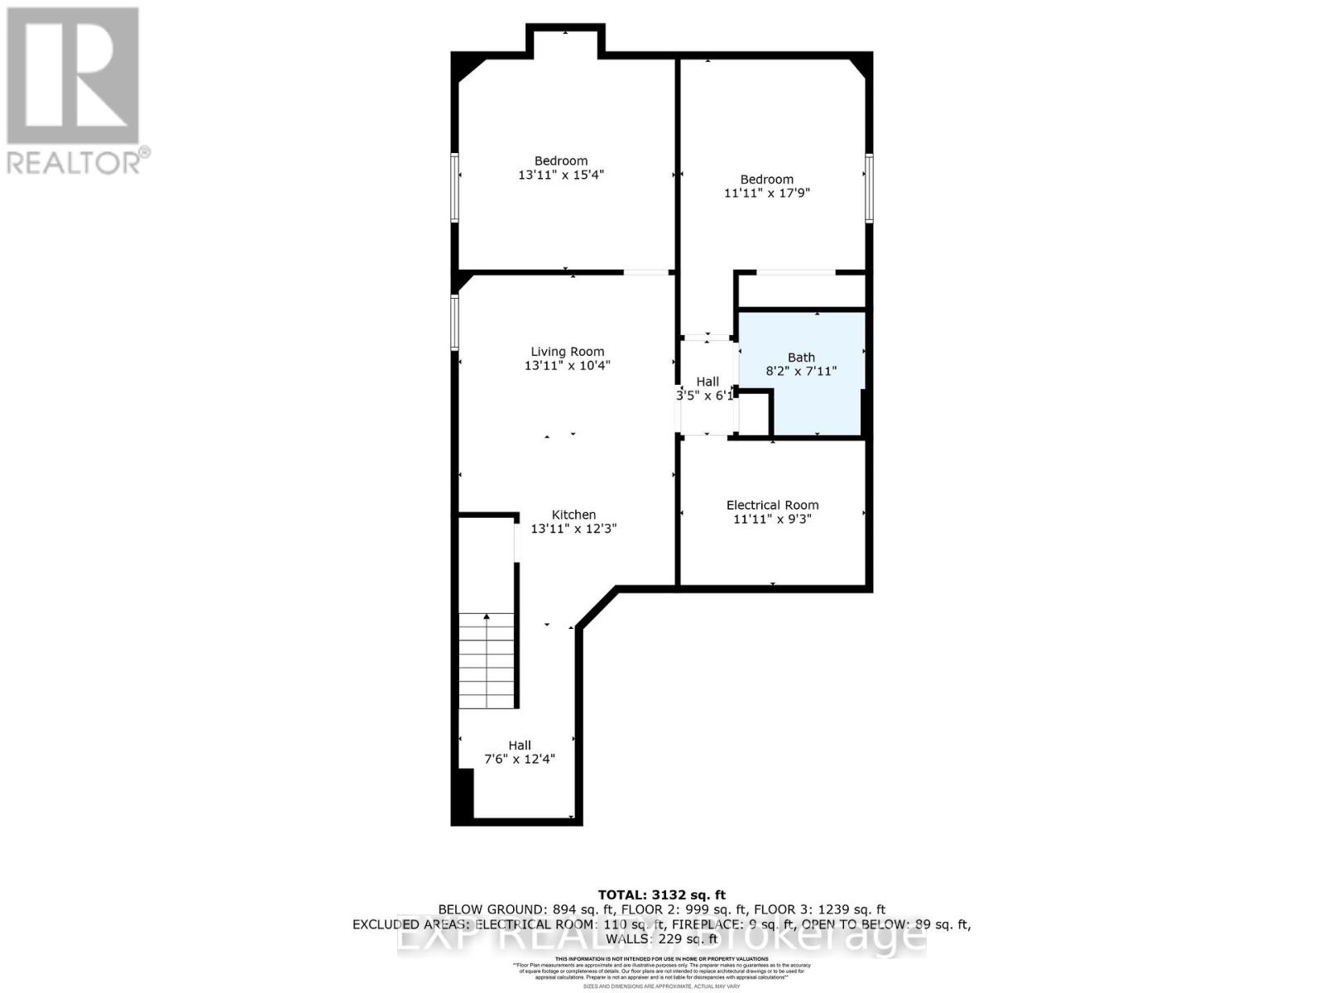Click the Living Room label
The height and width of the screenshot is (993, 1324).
567,351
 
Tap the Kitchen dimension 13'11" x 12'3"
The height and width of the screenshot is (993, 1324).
573,529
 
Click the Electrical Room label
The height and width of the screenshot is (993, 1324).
772,505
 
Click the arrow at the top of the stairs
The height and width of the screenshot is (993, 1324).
487,616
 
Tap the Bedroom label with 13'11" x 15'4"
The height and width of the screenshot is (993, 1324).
561,161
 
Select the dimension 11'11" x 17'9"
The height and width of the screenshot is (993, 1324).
766,193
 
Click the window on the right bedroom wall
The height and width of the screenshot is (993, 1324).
869,188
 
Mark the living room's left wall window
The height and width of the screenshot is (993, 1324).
454,322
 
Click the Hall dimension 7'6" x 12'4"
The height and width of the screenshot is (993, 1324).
520,759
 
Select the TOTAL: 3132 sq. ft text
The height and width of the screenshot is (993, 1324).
661,895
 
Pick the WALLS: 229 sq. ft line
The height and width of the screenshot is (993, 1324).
661,939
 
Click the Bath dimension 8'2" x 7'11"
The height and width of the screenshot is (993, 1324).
801,372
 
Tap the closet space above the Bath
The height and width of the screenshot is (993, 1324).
801,290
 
